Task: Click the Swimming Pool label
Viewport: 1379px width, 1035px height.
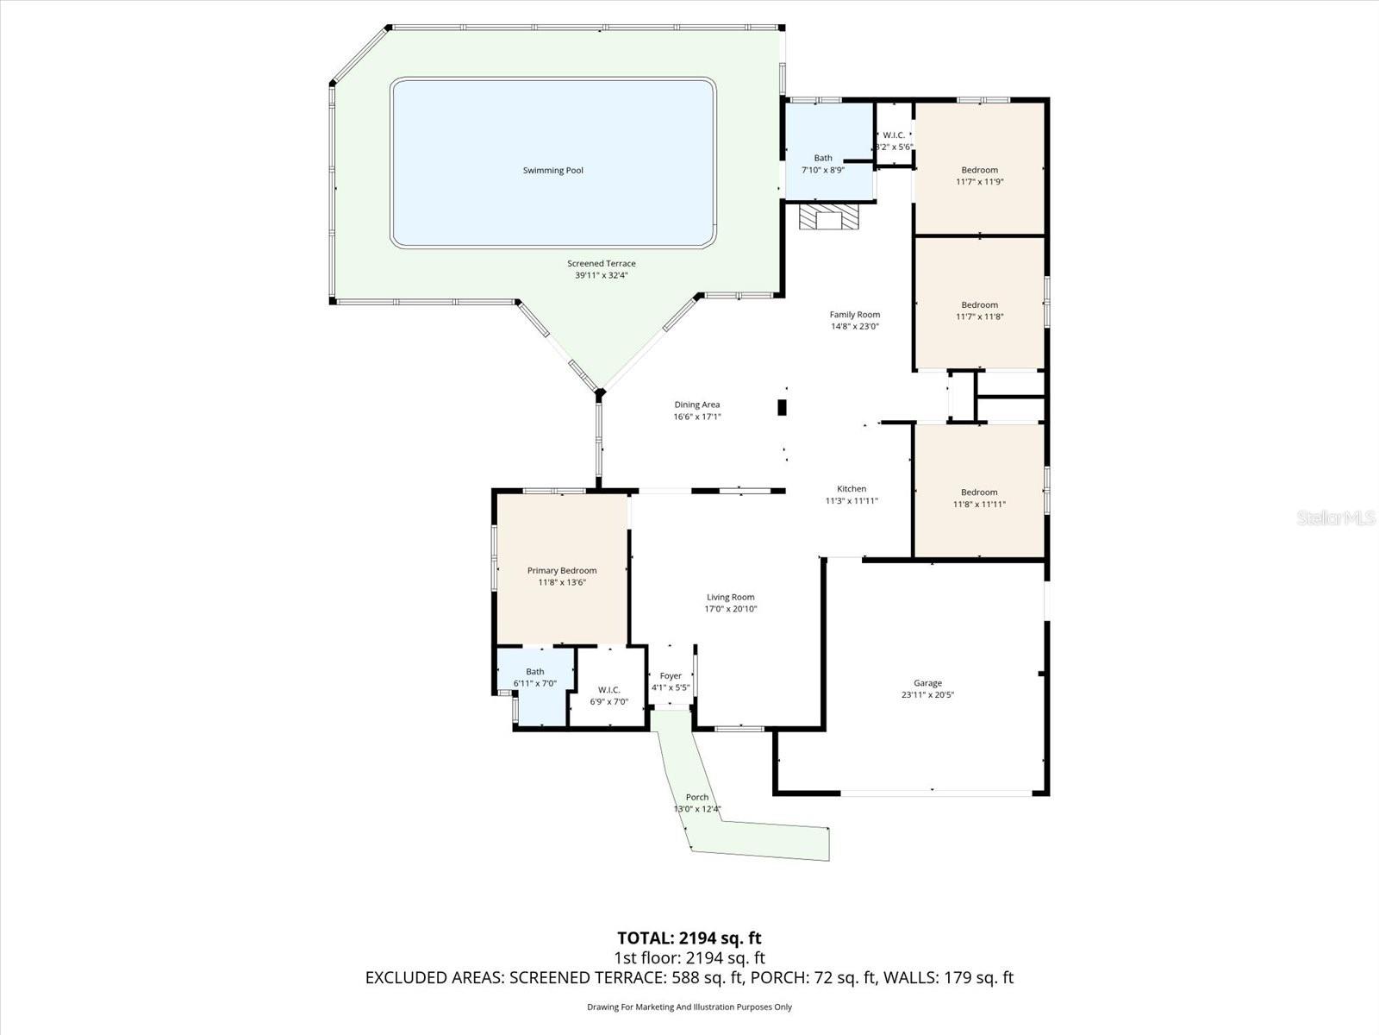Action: tap(552, 171)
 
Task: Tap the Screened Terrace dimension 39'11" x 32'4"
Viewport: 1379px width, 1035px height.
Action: tap(601, 276)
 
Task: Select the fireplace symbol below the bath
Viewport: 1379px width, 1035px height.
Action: tap(828, 217)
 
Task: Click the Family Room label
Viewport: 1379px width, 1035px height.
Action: tap(854, 315)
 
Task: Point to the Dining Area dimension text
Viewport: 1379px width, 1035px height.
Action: tap(696, 417)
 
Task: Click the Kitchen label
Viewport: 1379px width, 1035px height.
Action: tap(852, 489)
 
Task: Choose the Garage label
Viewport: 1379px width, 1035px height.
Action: tap(927, 683)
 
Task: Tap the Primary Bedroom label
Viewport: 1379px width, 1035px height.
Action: tap(561, 570)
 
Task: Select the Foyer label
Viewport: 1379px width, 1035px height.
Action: tap(671, 676)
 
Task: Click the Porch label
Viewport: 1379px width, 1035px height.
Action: tap(696, 797)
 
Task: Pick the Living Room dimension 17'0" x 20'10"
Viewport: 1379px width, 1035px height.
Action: tap(730, 609)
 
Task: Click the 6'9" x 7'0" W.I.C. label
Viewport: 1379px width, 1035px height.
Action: tap(608, 696)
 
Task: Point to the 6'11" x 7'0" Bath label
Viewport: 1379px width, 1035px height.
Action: tap(535, 677)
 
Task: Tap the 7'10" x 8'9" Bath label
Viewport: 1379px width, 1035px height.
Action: tap(823, 164)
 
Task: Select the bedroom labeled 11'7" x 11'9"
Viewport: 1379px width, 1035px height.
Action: tap(979, 176)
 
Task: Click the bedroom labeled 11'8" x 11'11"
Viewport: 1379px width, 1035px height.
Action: tap(979, 499)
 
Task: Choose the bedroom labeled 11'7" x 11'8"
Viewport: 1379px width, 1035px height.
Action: tap(979, 310)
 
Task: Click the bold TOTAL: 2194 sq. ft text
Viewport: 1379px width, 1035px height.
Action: tap(689, 938)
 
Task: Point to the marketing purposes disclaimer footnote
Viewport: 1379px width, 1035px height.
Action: tap(689, 1007)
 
